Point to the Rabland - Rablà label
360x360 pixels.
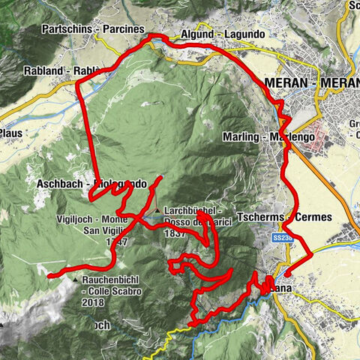[72, 71]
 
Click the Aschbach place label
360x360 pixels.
[64, 184]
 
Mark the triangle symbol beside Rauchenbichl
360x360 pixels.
[77, 280]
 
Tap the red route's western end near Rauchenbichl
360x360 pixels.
[49, 276]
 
